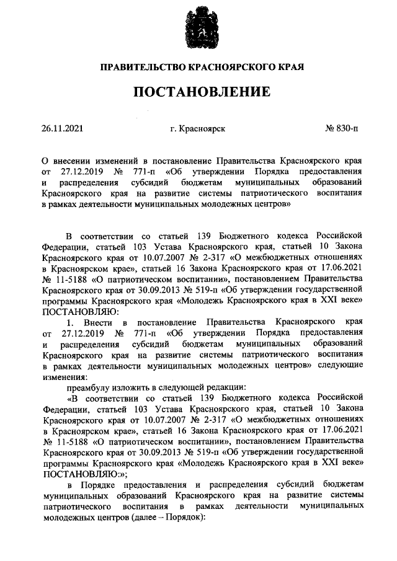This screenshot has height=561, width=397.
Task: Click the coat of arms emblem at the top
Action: click(198, 25)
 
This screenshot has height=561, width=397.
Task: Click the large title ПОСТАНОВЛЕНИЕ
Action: click(198, 92)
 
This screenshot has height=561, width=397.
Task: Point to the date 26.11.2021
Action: click(62, 130)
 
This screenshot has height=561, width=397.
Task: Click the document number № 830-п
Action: click(341, 130)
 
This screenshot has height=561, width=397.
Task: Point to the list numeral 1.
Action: click(70, 322)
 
